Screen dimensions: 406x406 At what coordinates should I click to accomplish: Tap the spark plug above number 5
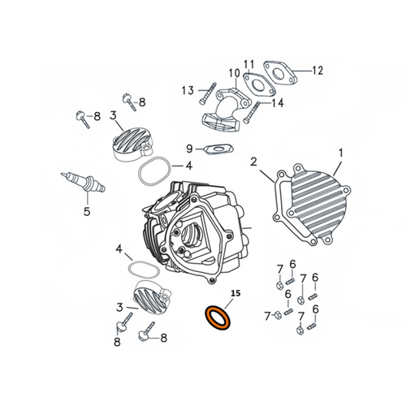84,182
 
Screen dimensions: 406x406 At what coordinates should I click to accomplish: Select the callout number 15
235,293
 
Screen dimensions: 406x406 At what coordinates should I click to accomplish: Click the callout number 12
317,71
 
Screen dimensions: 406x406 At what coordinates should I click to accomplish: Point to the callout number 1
341,153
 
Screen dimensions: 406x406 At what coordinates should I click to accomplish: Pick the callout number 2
253,162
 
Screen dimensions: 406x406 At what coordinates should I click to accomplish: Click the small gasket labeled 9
218,149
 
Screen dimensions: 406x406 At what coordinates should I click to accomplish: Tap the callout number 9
189,149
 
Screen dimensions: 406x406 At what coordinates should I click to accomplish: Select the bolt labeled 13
208,93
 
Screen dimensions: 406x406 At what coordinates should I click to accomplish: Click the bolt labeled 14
252,113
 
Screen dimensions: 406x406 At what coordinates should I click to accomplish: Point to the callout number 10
235,73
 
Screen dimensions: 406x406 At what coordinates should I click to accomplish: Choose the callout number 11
249,65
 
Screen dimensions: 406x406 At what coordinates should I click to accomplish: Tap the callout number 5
87,212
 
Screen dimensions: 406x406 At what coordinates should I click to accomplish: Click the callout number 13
188,90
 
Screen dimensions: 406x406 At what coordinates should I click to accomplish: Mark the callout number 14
278,103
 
